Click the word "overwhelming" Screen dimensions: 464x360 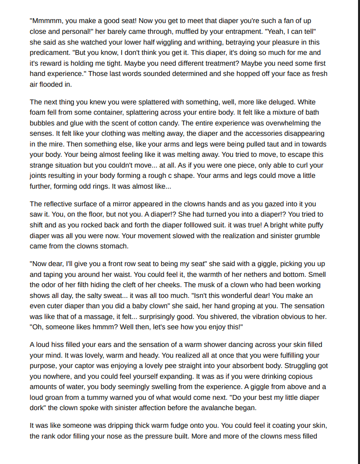point(285,123)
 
